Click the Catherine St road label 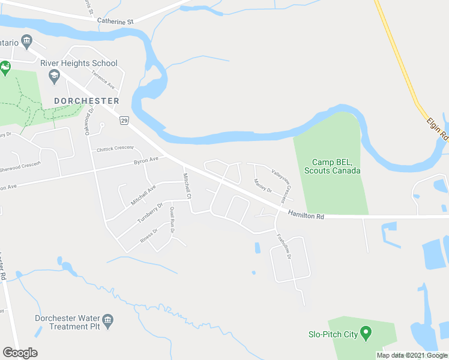pyautogui.click(x=115, y=21)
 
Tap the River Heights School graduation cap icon pyautogui.click(x=54, y=75)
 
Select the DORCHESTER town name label pyautogui.click(x=86, y=101)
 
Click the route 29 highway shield pyautogui.click(x=124, y=121)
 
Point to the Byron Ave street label pyautogui.click(x=146, y=161)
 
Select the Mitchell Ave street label pyautogui.click(x=143, y=195)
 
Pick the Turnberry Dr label pyautogui.click(x=150, y=213)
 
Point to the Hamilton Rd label pyautogui.click(x=306, y=214)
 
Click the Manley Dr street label pyautogui.click(x=263, y=186)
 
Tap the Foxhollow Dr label pyautogui.click(x=284, y=246)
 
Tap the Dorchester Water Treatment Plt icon pyautogui.click(x=108, y=320)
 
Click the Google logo pyautogui.click(x=20, y=353)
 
